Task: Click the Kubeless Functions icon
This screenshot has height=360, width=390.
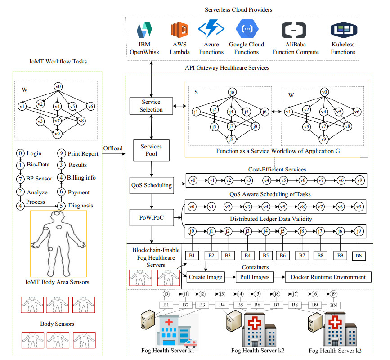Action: tap(343, 30)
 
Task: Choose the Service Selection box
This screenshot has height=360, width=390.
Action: tap(150, 105)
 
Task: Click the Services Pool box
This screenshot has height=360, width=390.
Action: tap(150, 150)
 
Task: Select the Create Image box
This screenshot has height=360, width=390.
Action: tap(206, 277)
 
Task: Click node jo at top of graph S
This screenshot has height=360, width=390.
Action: tap(232, 92)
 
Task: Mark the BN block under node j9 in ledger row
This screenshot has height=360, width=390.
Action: tap(359, 256)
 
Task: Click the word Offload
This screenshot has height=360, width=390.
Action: tap(113, 148)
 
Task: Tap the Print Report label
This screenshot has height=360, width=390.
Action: tap(83, 153)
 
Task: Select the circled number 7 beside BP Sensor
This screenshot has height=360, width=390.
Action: tap(20, 178)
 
